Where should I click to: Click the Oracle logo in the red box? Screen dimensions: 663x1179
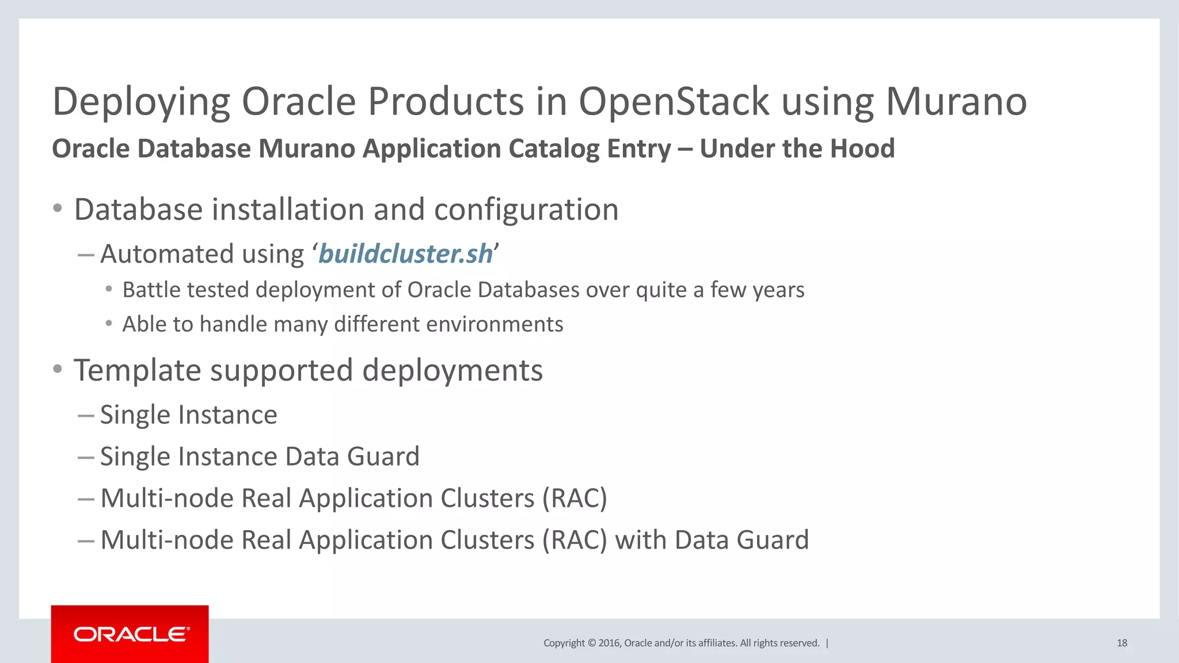click(131, 634)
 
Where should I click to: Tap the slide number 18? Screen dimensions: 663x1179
click(1121, 643)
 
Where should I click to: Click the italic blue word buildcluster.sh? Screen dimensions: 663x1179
click(405, 254)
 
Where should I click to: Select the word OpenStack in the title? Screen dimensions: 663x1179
click(674, 102)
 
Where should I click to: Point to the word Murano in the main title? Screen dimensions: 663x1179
click(956, 102)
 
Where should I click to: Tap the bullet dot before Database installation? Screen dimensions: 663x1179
click(57, 208)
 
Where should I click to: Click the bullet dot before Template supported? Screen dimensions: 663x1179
click(57, 369)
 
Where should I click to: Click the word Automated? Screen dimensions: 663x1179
click(167, 254)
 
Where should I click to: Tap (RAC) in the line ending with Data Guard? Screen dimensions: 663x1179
click(574, 540)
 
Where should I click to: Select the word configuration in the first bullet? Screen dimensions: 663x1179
click(526, 209)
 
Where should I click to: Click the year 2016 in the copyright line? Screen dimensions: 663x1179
click(608, 643)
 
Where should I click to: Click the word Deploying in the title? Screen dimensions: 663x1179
click(141, 102)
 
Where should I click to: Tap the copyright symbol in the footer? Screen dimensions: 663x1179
click(591, 643)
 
